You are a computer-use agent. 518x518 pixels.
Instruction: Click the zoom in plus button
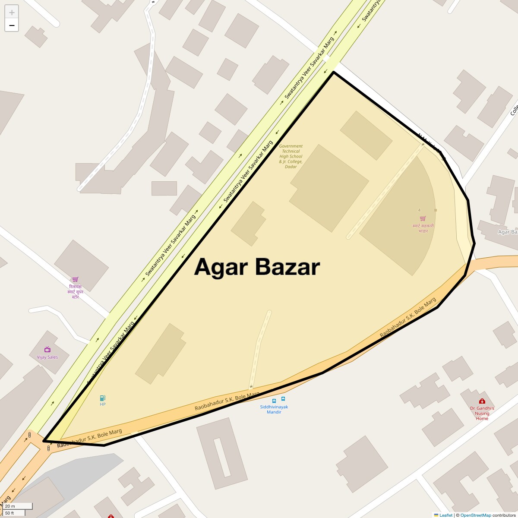point(12,12)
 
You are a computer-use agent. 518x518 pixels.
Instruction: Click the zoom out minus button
point(12,25)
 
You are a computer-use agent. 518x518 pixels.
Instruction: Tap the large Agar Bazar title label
point(257,267)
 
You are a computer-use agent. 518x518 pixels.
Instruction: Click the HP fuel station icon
point(102,398)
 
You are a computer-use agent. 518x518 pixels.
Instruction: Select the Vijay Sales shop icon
point(47,350)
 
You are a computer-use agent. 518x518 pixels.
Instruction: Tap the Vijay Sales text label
point(47,357)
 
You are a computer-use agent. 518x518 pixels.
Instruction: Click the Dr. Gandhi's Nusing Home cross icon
point(482,401)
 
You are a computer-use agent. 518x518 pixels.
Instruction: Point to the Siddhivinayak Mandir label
point(274,409)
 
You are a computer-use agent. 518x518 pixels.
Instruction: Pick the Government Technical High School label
point(291,156)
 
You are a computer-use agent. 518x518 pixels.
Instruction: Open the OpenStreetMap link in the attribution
point(475,515)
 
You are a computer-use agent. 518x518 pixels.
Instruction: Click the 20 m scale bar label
point(10,506)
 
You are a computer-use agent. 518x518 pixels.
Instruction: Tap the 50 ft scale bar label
point(10,513)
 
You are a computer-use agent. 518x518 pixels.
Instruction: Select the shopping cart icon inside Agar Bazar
point(423,218)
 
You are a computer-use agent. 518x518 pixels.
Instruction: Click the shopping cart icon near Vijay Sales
point(76,279)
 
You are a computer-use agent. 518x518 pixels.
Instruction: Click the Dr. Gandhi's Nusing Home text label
point(482,413)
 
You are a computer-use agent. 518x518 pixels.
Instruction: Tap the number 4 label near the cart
point(419,210)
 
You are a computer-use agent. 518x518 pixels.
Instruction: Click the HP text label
point(102,404)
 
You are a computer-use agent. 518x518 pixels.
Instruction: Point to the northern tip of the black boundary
point(334,72)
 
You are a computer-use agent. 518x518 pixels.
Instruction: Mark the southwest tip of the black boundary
point(44,441)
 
